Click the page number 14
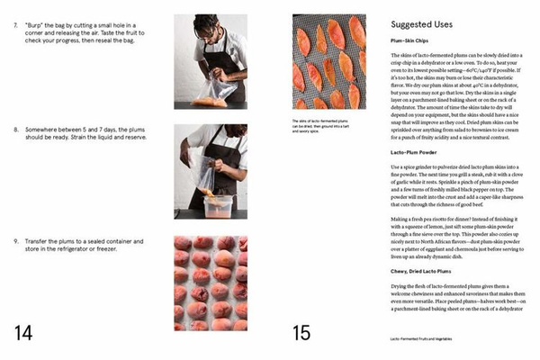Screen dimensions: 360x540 23,332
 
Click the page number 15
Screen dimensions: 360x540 301,332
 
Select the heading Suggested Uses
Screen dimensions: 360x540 427,24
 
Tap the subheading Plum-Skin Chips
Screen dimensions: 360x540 413,42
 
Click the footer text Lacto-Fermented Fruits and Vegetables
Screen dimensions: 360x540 427,338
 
